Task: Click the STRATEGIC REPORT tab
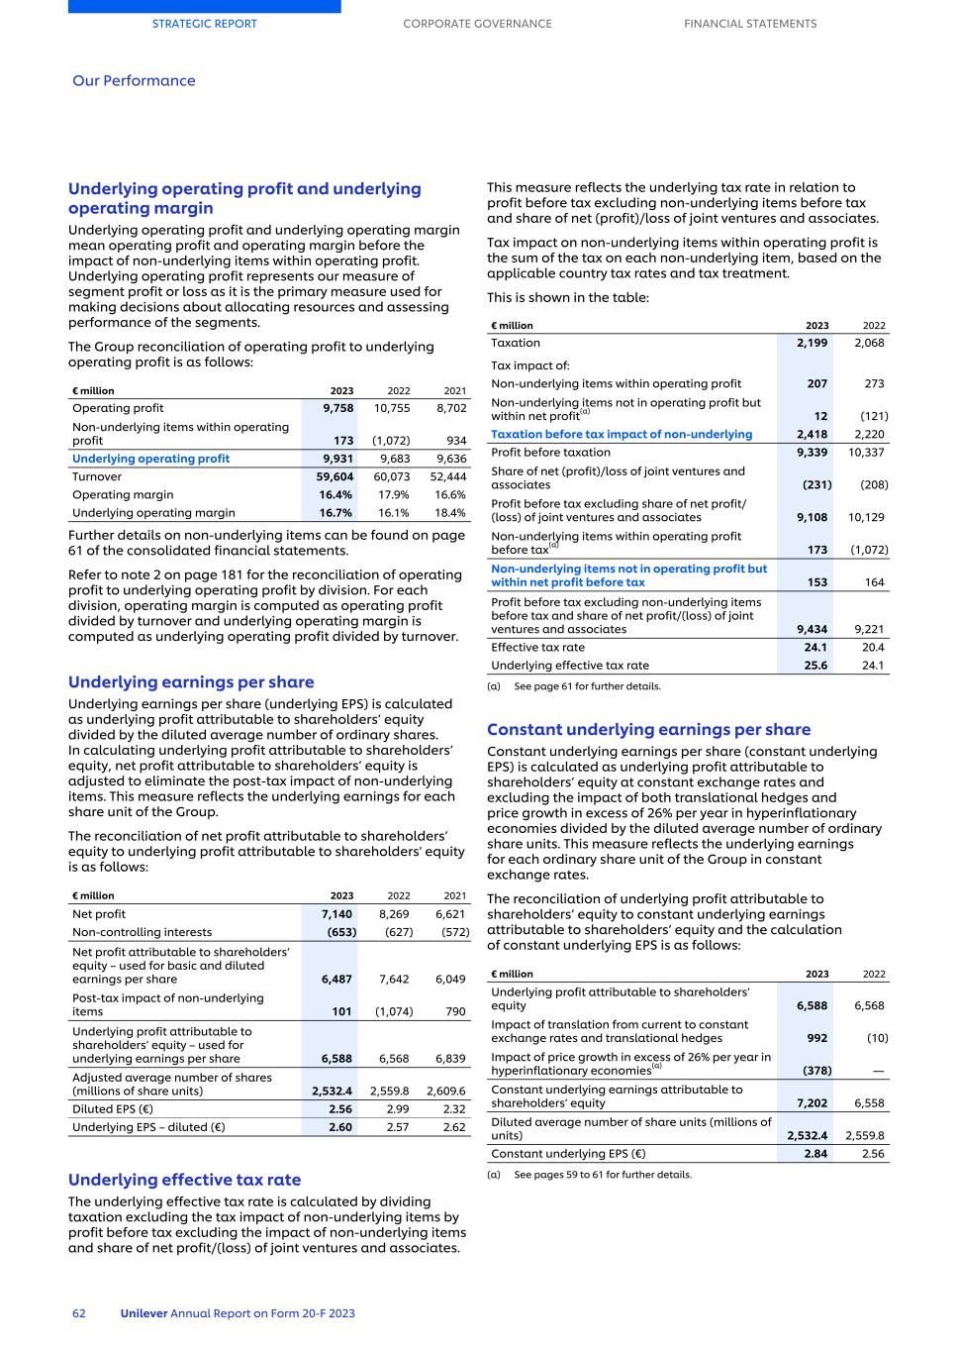tap(204, 24)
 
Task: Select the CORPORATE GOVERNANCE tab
tap(477, 24)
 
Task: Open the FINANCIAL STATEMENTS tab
tap(750, 24)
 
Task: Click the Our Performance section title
tap(134, 81)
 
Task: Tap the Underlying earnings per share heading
tap(191, 682)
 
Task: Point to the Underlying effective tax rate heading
tap(184, 1180)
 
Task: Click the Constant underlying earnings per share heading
tap(648, 730)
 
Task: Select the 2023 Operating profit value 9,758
tap(337, 408)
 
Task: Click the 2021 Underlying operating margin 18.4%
tap(450, 513)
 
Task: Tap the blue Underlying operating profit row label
tap(150, 459)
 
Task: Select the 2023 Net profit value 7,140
tap(336, 914)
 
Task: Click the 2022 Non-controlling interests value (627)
tap(398, 932)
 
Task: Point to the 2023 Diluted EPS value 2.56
tap(340, 1109)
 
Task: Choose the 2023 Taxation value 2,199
tap(813, 343)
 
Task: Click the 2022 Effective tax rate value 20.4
tap(873, 648)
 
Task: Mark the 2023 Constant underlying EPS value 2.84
tap(815, 1154)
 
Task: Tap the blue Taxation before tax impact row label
tap(622, 434)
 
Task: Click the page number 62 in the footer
tap(79, 1313)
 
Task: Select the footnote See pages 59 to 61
tap(602, 1175)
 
